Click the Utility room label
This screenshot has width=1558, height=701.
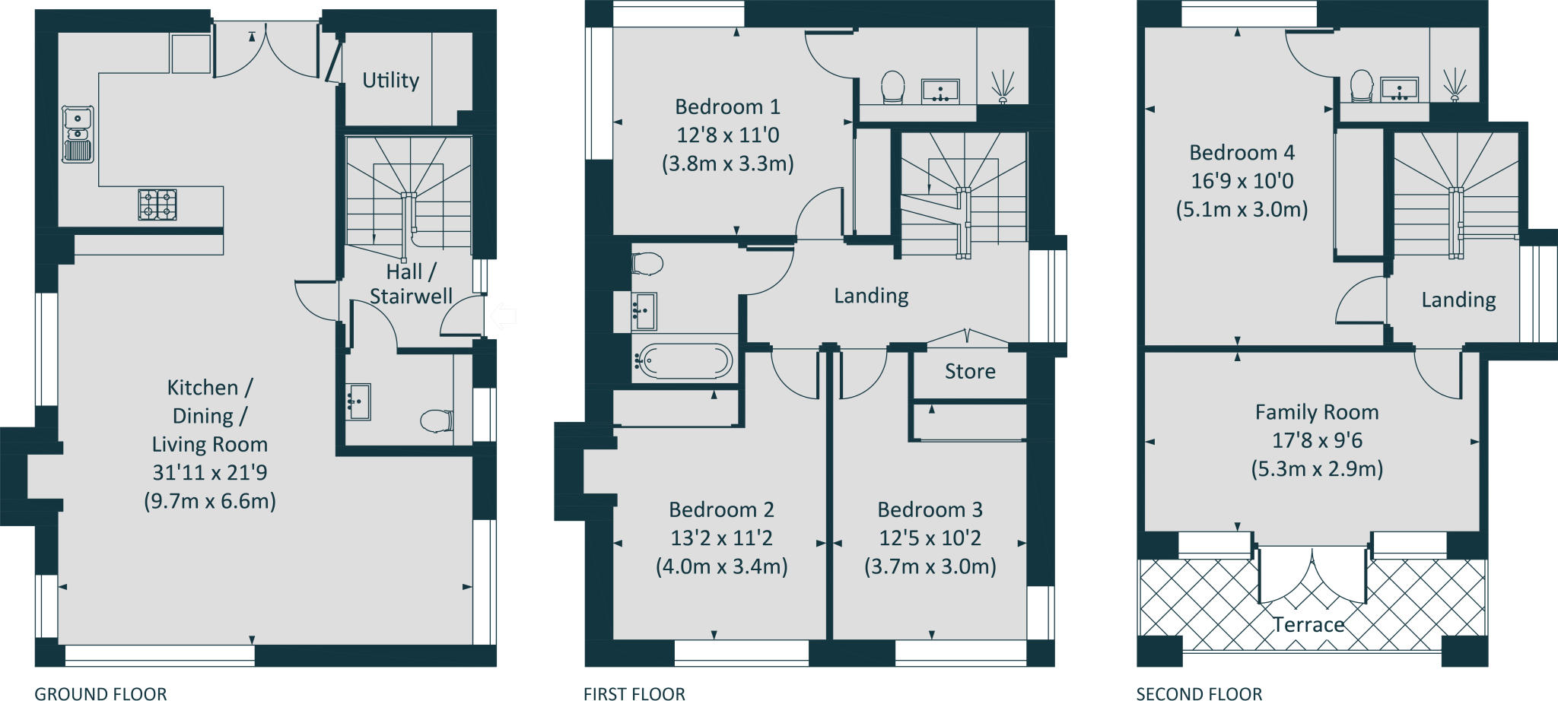pyautogui.click(x=390, y=80)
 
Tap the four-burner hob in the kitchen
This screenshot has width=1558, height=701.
pyautogui.click(x=157, y=205)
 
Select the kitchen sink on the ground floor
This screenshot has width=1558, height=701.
pyautogui.click(x=78, y=134)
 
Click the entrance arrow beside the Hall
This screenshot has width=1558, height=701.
pyautogui.click(x=503, y=316)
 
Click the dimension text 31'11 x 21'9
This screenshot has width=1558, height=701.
pyautogui.click(x=210, y=472)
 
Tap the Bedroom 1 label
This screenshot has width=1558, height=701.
pyautogui.click(x=727, y=106)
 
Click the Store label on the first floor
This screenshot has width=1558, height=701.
pyautogui.click(x=970, y=371)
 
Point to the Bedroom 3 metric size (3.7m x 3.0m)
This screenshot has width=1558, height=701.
pyautogui.click(x=930, y=566)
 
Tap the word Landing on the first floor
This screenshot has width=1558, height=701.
pyautogui.click(x=871, y=296)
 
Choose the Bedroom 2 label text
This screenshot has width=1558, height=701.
pyautogui.click(x=721, y=509)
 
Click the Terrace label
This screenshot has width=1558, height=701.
pyautogui.click(x=1308, y=625)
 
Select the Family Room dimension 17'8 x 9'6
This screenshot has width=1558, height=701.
pyautogui.click(x=1317, y=440)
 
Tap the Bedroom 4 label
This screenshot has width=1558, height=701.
pyautogui.click(x=1242, y=153)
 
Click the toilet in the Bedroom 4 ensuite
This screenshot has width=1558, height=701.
pyautogui.click(x=1361, y=85)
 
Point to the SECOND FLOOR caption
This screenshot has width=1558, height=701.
pyautogui.click(x=1199, y=693)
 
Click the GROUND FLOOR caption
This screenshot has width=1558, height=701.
pyautogui.click(x=100, y=693)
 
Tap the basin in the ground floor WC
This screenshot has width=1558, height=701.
pyautogui.click(x=358, y=401)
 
